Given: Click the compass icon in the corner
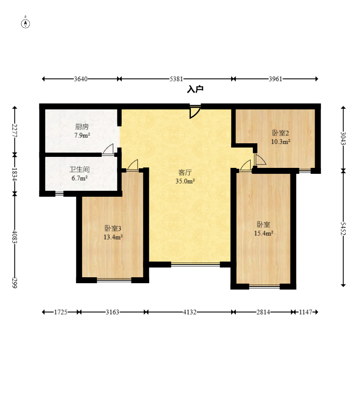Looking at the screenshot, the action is pos(25,23).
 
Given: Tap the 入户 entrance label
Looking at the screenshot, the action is pos(195,89).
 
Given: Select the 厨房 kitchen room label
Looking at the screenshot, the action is pos(82,127).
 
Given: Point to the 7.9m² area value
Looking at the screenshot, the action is pos(82,136).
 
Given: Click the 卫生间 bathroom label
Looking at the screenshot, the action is pos(79,170).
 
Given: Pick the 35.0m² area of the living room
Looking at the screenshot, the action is pos(185,181).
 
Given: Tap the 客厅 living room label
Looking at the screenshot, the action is pos(185,173).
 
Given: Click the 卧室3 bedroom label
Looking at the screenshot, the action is pos(113,229).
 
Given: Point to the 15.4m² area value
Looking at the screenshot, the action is pos(263,233).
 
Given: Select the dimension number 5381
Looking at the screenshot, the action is pos(176,79).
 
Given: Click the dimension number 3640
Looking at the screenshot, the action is pos(81,79).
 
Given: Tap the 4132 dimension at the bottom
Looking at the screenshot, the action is pos(190,312).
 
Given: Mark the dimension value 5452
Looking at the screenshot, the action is pos(343,229).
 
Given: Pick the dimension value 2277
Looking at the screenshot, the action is pos(14,130).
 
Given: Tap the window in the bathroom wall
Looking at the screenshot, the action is pos(59,193).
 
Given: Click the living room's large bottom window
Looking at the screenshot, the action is pos(195,264).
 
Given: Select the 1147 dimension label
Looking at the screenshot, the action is pos(305,312).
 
